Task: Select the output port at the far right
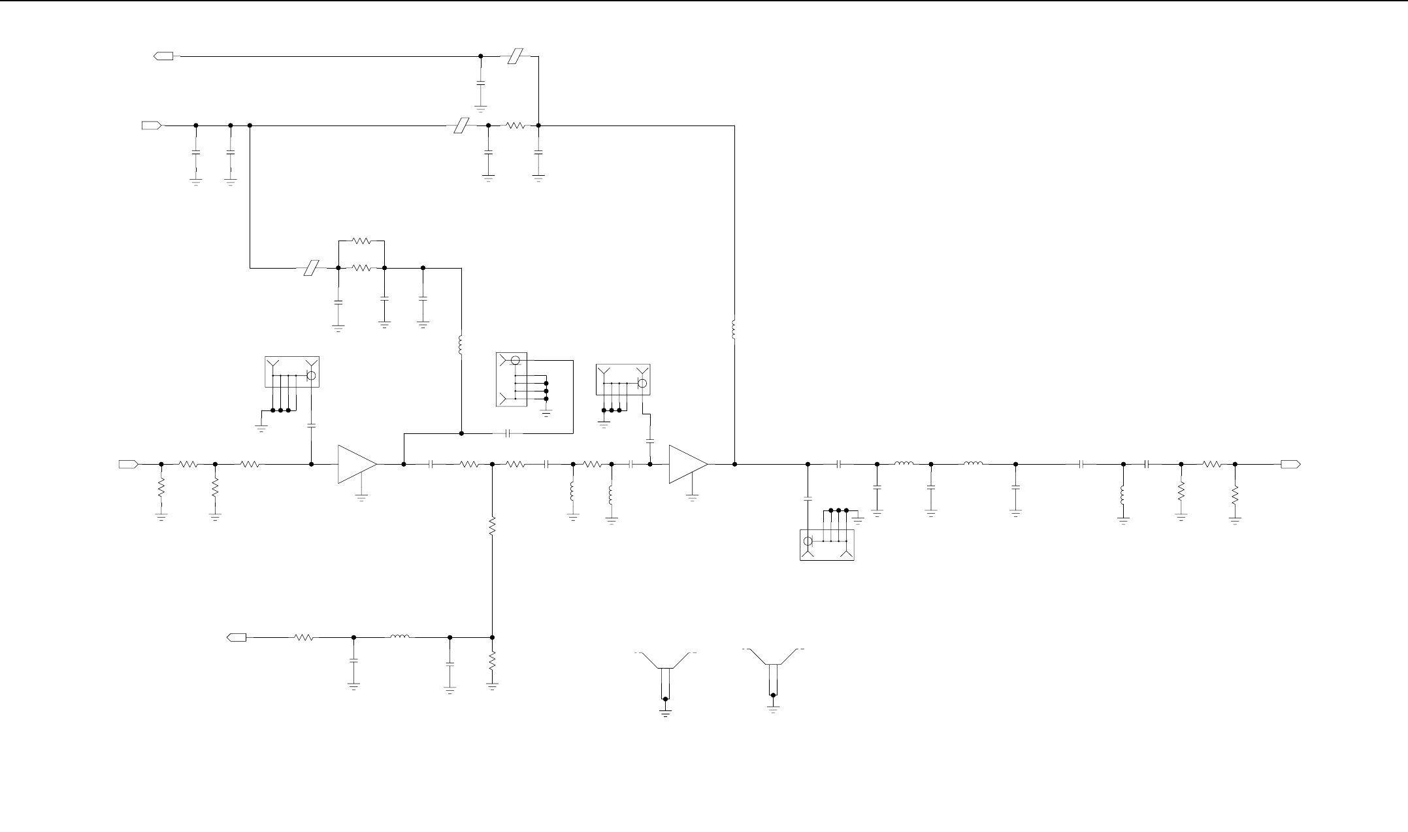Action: point(1290,464)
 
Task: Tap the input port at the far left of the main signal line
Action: point(128,464)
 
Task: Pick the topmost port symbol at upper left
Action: point(163,56)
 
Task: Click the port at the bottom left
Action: point(236,637)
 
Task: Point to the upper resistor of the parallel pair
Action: point(361,241)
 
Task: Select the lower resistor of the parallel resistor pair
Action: point(361,268)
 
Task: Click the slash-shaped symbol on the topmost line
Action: point(516,56)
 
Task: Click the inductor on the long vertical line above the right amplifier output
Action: point(734,329)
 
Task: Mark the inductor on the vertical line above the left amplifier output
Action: point(461,346)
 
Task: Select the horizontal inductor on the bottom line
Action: point(400,637)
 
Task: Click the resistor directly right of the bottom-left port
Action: point(304,637)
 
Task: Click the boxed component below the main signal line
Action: point(827,544)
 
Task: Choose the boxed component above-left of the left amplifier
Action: point(291,372)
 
